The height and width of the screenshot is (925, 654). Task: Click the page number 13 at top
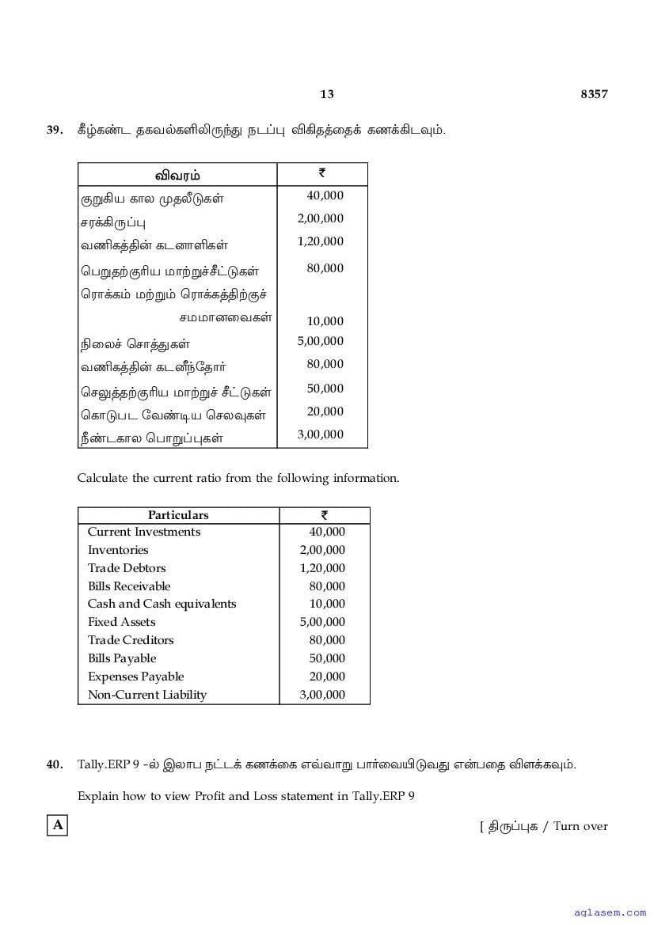point(327,94)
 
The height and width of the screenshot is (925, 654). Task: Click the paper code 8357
point(594,94)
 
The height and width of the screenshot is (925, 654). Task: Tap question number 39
point(55,130)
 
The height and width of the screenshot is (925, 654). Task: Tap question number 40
point(55,764)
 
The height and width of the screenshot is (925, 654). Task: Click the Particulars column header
point(178,515)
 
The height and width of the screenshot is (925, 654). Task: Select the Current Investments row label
point(144,532)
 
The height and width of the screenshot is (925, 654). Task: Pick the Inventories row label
point(118,550)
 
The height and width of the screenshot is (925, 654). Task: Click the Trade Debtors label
point(127,568)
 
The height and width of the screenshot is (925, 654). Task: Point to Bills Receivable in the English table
point(129,586)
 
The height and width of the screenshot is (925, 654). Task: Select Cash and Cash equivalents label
point(162,604)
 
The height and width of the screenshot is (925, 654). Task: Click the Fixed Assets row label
point(122,622)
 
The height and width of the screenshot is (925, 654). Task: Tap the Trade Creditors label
point(131,640)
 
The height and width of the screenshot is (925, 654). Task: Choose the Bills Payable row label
point(122,658)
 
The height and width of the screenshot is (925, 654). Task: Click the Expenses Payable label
point(135,677)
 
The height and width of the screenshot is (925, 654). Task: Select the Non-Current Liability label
point(147,695)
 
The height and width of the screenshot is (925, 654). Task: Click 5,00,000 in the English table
point(322,622)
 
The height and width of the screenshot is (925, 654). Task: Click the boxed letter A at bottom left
point(57,826)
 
